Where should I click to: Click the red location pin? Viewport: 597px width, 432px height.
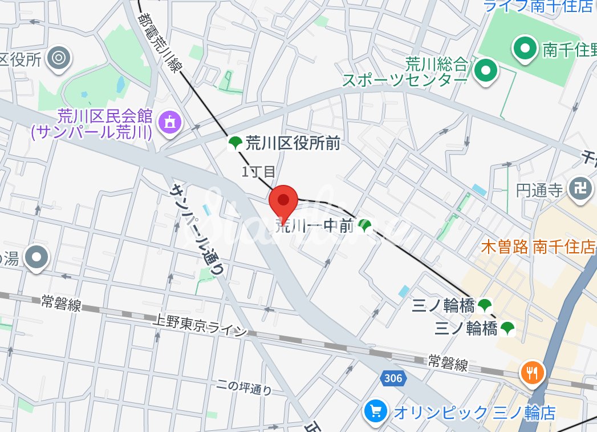[283, 201]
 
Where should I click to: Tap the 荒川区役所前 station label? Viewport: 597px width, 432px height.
[293, 143]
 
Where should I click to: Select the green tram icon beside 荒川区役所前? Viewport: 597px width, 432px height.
[234, 143]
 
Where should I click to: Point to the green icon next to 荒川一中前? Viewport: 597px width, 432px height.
[365, 227]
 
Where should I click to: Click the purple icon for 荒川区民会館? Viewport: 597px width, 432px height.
[169, 122]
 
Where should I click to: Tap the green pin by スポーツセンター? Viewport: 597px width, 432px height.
[486, 71]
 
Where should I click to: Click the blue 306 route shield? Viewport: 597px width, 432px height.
[392, 378]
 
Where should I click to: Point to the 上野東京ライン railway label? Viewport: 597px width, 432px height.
[200, 326]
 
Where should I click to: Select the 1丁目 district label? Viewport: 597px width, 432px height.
[258, 171]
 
